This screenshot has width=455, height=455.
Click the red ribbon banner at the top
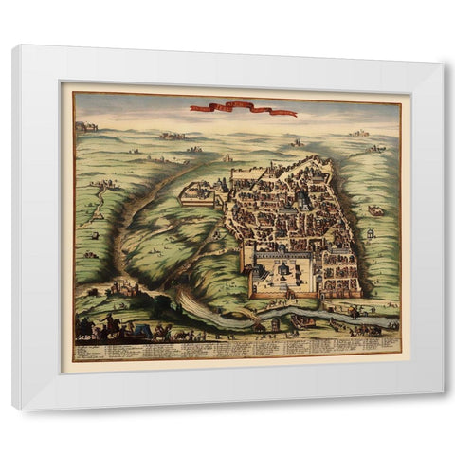(243, 109)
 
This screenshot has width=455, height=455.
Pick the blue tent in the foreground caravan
(143, 330)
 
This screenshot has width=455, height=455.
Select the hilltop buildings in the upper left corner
(87, 126)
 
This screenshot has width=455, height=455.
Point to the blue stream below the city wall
(313, 313)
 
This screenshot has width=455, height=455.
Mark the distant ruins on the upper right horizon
(358, 133)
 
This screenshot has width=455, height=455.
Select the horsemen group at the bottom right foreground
(365, 327)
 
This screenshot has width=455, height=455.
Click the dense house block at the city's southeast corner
(339, 275)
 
